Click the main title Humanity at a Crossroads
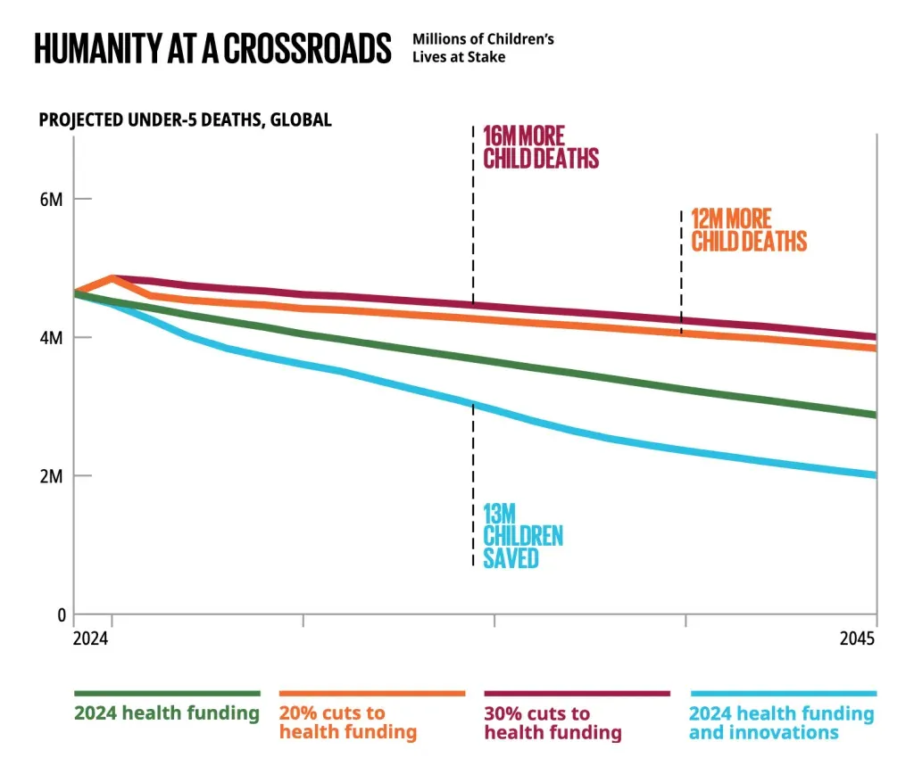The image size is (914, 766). coord(212,48)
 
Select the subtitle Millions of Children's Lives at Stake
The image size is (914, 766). coord(483,48)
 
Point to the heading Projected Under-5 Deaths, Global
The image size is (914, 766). coord(185,120)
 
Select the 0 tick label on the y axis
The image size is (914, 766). coord(61,614)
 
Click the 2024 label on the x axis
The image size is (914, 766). coord(90,639)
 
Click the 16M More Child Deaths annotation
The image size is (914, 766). coord(540,147)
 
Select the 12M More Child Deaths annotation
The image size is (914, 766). coord(748,229)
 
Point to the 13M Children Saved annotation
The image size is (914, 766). coord(523,535)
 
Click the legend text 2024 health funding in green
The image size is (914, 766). coord(167,713)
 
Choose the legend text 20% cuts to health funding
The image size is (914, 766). coord(347,723)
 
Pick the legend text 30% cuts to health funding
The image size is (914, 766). coord(552,723)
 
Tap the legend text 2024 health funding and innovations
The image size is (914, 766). coord(781,723)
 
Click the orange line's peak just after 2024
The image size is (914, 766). coord(112,277)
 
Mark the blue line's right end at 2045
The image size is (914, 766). coord(874,474)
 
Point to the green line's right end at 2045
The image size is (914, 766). coord(874,415)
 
